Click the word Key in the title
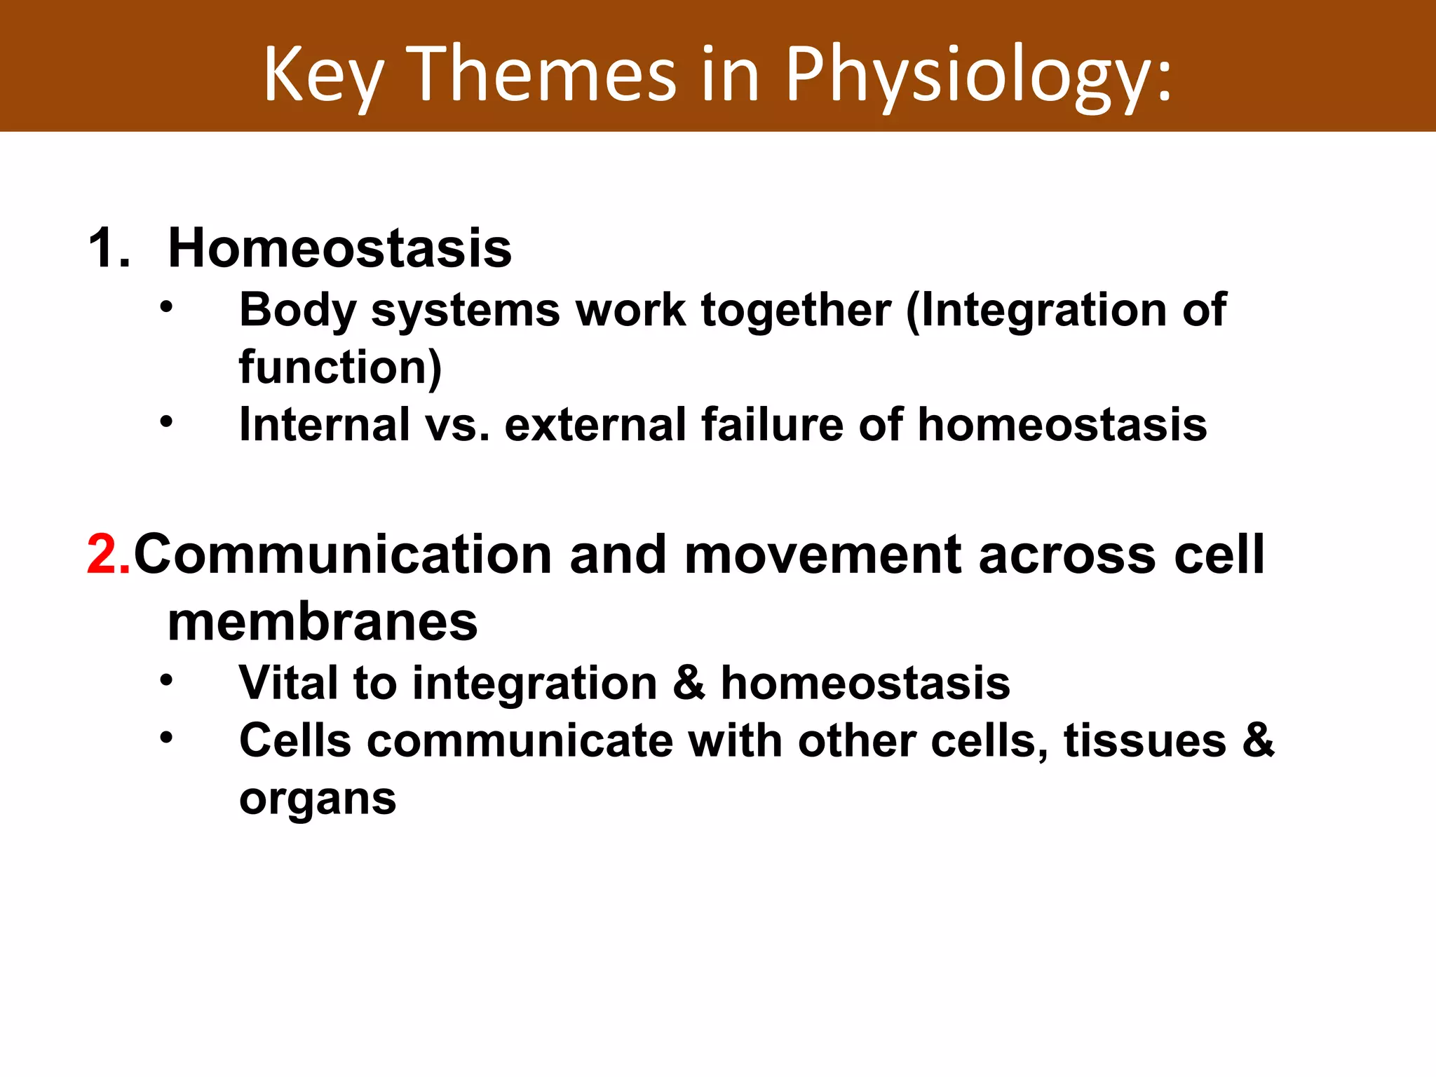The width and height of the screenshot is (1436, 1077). pos(323,74)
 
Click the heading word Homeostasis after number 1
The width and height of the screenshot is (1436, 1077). pos(340,248)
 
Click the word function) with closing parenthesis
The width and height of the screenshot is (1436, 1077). pos(340,367)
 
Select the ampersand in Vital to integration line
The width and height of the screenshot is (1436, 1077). pos(689,683)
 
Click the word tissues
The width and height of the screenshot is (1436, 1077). pos(1144,741)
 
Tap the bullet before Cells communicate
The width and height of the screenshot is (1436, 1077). pos(165,738)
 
